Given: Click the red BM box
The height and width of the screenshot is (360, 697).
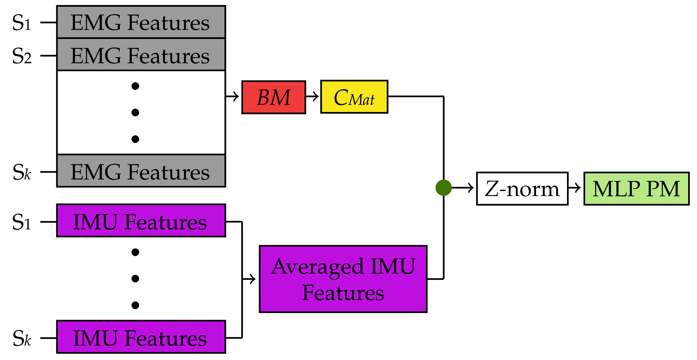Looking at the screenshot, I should pyautogui.click(x=274, y=97).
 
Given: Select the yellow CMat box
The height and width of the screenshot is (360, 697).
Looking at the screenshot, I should pyautogui.click(x=354, y=97).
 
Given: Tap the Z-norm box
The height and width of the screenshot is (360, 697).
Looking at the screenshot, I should pyautogui.click(x=522, y=189).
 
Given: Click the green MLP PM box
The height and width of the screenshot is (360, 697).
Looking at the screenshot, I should pyautogui.click(x=636, y=189).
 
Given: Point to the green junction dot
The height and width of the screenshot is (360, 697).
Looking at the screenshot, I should pyautogui.click(x=443, y=188).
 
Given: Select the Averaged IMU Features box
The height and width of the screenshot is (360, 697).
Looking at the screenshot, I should pyautogui.click(x=343, y=279).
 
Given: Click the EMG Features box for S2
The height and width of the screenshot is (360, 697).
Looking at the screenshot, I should pyautogui.click(x=141, y=55).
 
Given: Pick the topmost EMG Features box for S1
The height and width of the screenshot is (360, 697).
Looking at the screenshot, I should pyautogui.click(x=141, y=22).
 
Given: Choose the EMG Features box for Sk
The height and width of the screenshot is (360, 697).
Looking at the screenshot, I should pyautogui.click(x=141, y=171).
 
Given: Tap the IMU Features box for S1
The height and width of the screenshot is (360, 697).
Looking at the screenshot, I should pyautogui.click(x=141, y=221).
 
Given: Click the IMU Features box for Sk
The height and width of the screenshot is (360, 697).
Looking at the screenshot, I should pyautogui.click(x=141, y=337).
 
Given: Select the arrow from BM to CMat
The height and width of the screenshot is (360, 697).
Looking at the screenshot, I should pyautogui.click(x=313, y=96).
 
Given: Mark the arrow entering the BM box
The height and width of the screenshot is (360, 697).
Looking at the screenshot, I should pyautogui.click(x=233, y=96).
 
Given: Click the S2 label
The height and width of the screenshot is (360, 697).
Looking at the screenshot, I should pyautogui.click(x=22, y=56).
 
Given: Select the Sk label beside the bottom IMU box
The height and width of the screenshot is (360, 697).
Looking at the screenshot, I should pyautogui.click(x=22, y=338).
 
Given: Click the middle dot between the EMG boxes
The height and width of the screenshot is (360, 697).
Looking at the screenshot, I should pyautogui.click(x=135, y=113).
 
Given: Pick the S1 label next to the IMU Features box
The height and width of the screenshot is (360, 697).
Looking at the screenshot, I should pyautogui.click(x=22, y=222).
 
